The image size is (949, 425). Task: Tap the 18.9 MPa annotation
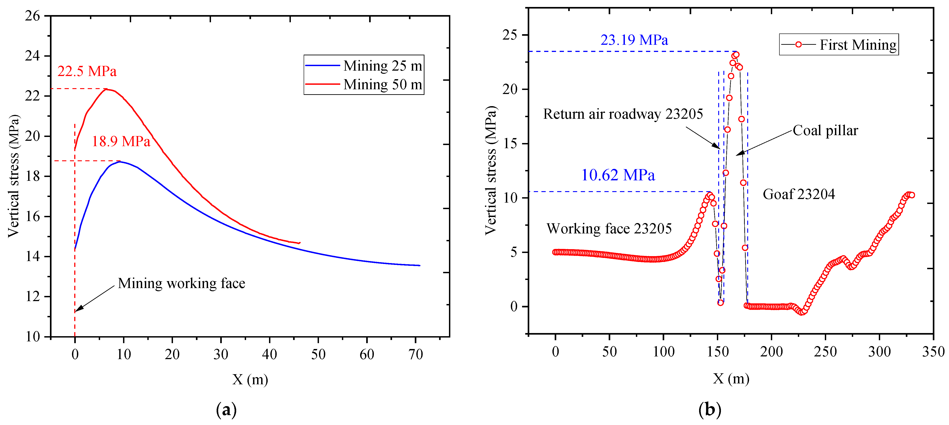coord(121,141)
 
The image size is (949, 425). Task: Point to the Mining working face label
coord(181,283)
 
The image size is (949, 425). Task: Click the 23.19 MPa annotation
coord(634,40)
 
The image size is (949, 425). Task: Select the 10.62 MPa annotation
coord(618,175)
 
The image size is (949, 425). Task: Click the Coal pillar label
coord(825,130)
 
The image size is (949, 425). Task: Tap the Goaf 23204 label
coord(799,194)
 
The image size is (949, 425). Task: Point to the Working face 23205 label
coord(609,229)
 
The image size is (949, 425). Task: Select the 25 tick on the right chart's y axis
coord(510,35)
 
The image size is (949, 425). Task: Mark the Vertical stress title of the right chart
coord(491,170)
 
